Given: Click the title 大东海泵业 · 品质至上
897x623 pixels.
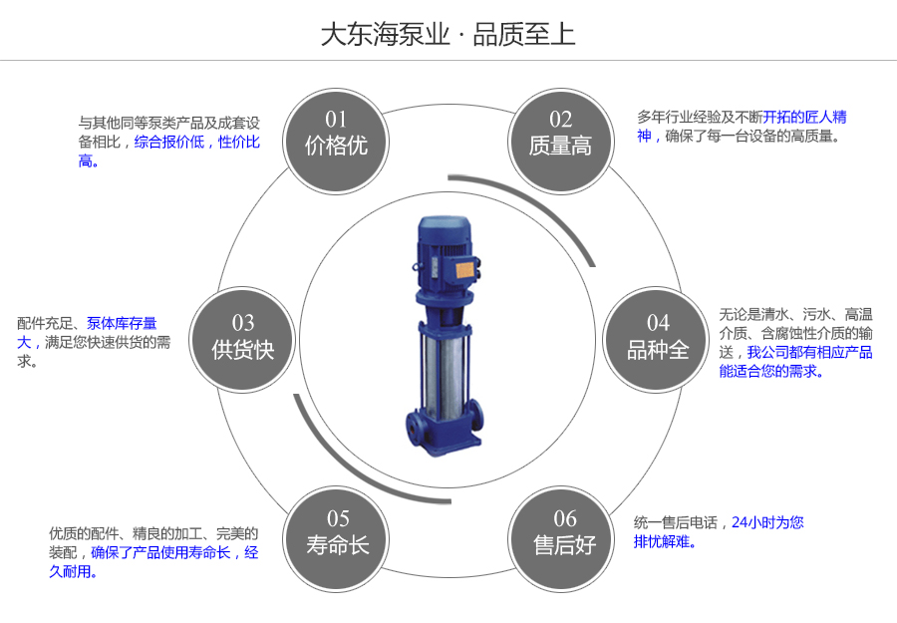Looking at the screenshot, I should (448, 35).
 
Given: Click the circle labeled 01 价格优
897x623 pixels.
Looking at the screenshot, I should (337, 135).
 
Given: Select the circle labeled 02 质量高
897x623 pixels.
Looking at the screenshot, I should (560, 135).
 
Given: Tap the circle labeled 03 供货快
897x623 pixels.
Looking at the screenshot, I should (242, 338).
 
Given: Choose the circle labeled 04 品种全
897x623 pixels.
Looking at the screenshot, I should (657, 338).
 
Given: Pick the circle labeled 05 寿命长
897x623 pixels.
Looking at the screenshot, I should (337, 533).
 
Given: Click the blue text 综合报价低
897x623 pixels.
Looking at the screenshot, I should (169, 143).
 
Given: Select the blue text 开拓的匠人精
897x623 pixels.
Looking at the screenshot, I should (804, 117).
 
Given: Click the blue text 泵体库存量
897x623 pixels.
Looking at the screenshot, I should (122, 323).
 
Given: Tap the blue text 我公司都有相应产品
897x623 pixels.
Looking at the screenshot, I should (809, 352).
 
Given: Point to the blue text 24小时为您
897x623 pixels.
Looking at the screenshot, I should (767, 521).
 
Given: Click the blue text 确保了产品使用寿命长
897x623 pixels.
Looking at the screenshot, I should (160, 552).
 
